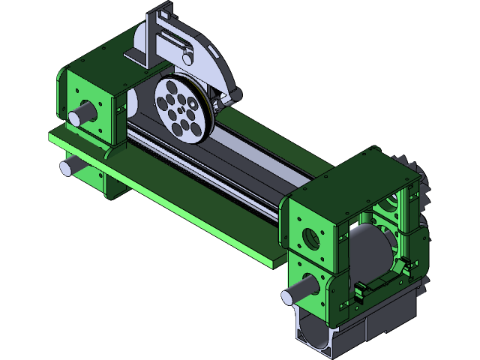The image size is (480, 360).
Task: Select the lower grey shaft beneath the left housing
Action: pyautogui.click(x=70, y=165)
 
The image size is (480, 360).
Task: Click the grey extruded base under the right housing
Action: pyautogui.click(x=319, y=330)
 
